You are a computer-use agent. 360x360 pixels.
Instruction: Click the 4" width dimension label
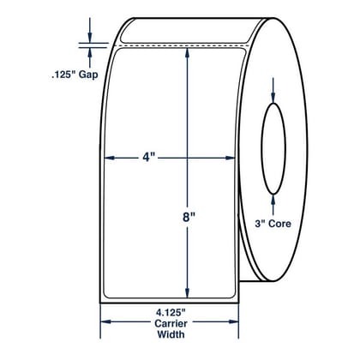tap(148, 157)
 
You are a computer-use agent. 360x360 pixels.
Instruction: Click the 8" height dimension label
tap(189, 218)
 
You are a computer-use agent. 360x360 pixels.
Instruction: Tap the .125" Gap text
tap(75, 75)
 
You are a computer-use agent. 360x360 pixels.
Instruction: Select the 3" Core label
tap(273, 224)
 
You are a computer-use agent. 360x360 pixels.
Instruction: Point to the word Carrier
tap(171, 323)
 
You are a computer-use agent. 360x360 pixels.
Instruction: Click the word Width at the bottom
tap(171, 334)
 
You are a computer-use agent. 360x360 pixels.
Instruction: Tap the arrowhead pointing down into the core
tap(273, 98)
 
